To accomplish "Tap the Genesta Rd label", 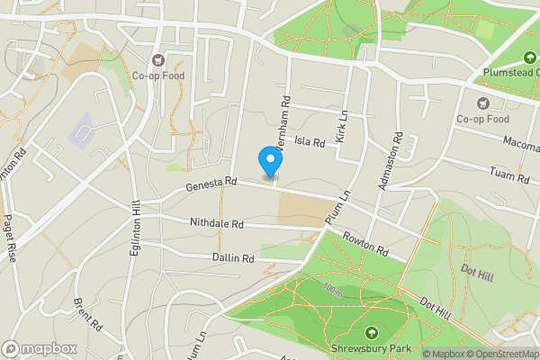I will click(x=211, y=184).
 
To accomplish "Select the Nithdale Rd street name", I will click(x=217, y=222).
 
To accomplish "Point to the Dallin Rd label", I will click(x=234, y=258).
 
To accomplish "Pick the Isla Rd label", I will click(x=309, y=142).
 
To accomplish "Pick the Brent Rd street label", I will click(x=91, y=313).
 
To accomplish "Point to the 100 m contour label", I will click(x=334, y=292).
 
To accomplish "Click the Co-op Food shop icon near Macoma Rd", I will click(x=482, y=102).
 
